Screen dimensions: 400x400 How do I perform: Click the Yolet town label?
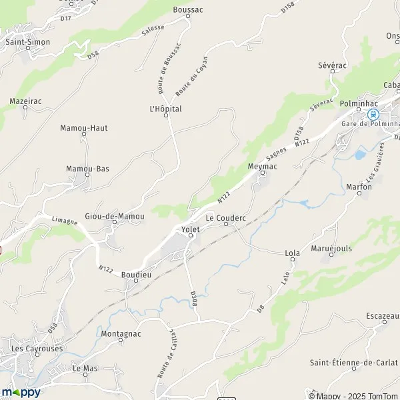[x=191, y=229]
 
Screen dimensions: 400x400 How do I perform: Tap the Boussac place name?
[x=187, y=10]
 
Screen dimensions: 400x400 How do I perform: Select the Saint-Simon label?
[x=27, y=41]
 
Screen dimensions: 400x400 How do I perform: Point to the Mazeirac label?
[x=26, y=101]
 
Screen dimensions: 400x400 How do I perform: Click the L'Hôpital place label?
[x=165, y=109]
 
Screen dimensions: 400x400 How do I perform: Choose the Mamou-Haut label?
[x=83, y=128]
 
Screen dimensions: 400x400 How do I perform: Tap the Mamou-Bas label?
[x=87, y=169]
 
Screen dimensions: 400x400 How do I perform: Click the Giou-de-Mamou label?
[x=115, y=216]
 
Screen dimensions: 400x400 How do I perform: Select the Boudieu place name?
[x=137, y=274]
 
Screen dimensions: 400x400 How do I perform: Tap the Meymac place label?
[x=261, y=165]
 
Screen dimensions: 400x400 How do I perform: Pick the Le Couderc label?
[x=225, y=217]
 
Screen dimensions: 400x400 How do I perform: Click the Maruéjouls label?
[x=331, y=248]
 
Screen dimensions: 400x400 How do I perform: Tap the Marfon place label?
[x=359, y=187]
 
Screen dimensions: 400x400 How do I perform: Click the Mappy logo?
[x=21, y=391]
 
